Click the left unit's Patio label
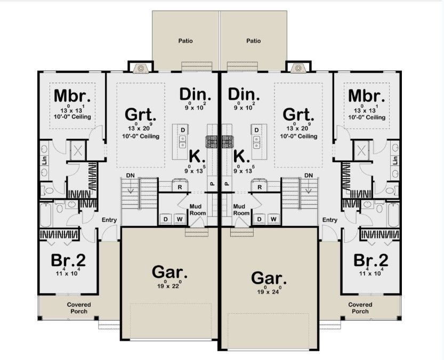[185, 41]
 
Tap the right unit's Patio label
[253, 41]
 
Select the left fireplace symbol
[141, 68]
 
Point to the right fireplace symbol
[298, 68]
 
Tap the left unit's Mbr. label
[72, 96]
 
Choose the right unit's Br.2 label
[371, 260]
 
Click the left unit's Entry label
[109, 220]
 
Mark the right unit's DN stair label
[309, 175]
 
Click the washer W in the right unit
[273, 219]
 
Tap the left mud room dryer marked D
[166, 219]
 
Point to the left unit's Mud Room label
[198, 210]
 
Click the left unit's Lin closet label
[44, 161]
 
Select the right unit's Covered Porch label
[360, 308]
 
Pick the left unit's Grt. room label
[141, 115]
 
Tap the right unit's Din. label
[244, 94]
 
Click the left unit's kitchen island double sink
[183, 142]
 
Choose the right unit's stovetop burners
[227, 142]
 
